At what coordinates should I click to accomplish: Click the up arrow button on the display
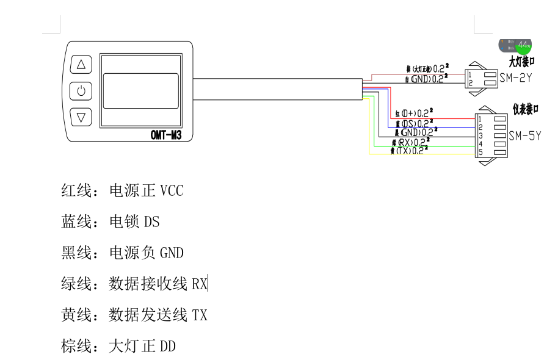pyautogui.click(x=81, y=65)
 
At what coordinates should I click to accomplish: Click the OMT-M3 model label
pyautogui.click(x=165, y=135)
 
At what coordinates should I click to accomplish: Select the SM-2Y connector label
pyautogui.click(x=515, y=78)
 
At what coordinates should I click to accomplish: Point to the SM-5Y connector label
pyautogui.click(x=524, y=135)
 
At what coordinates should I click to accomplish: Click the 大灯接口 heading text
pyautogui.click(x=522, y=62)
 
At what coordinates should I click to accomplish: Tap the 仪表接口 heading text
pyautogui.click(x=526, y=109)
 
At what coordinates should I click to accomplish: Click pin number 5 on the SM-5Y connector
pyautogui.click(x=481, y=152)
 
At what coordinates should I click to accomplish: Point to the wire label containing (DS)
pyautogui.click(x=415, y=123)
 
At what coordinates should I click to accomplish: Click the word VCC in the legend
pyautogui.click(x=171, y=191)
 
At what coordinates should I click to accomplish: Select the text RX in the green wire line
pyautogui.click(x=200, y=284)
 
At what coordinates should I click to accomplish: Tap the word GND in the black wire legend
pyautogui.click(x=172, y=253)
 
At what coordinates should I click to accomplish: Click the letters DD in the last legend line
pyautogui.click(x=167, y=347)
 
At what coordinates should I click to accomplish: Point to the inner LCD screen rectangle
pyautogui.click(x=140, y=90)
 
